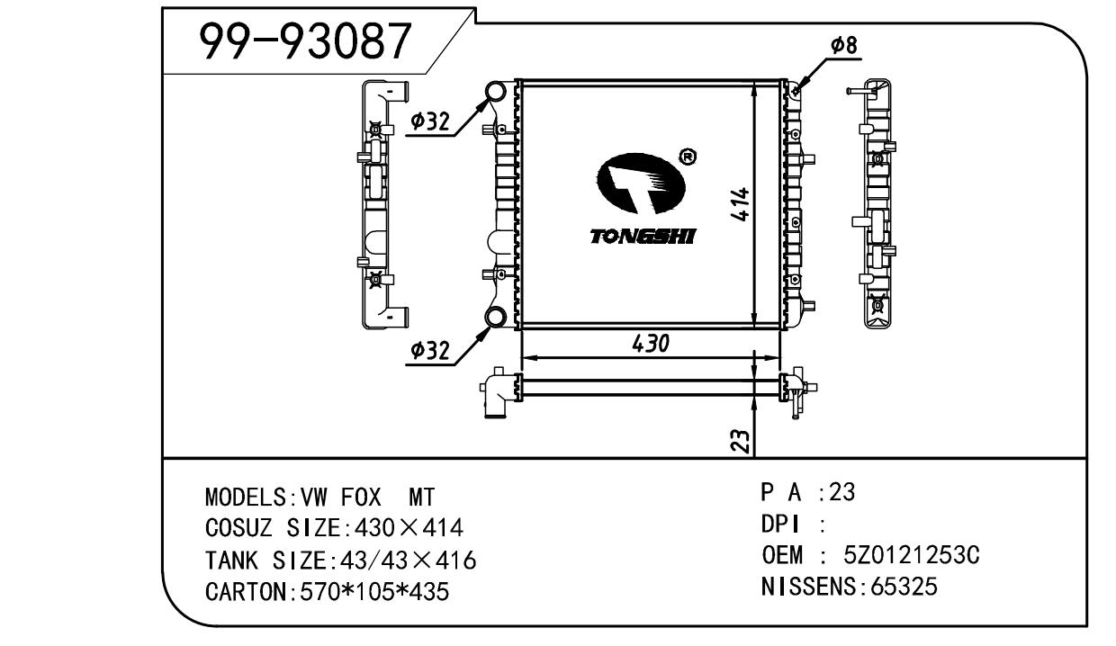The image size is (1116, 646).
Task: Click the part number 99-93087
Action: [x=305, y=40]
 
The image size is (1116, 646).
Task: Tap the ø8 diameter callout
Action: [x=843, y=46]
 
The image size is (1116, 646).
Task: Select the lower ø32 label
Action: [x=430, y=351]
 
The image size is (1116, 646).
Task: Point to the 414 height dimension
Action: [x=740, y=206]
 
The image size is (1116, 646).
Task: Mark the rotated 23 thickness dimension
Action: [x=739, y=440]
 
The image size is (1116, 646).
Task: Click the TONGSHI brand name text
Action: [x=643, y=237]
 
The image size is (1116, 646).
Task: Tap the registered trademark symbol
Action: [x=688, y=157]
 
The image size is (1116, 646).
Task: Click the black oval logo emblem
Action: [x=641, y=187]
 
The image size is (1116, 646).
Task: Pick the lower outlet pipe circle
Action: [x=495, y=316]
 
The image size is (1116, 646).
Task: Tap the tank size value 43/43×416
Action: [x=404, y=561]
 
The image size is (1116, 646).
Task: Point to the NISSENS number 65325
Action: [x=901, y=588]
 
